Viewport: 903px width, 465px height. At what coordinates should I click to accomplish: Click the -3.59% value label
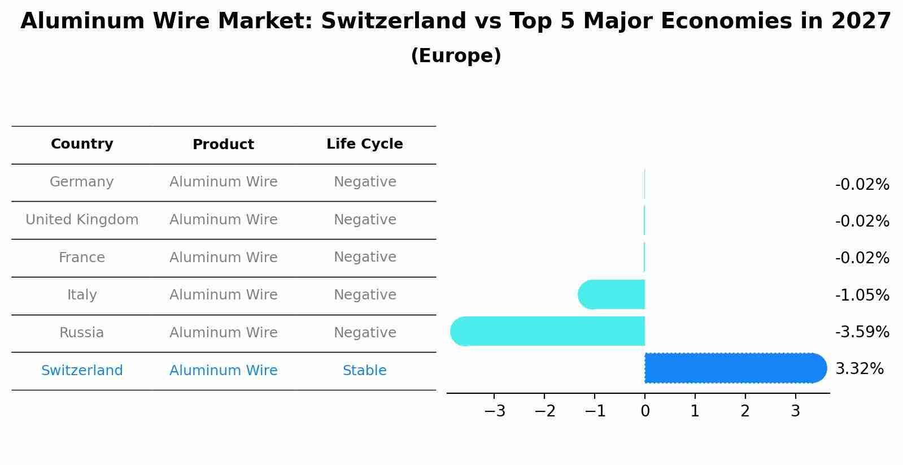pyautogui.click(x=862, y=332)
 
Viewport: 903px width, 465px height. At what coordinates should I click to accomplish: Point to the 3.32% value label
pyautogui.click(x=859, y=368)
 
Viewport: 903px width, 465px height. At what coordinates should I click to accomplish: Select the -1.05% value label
pyautogui.click(x=862, y=295)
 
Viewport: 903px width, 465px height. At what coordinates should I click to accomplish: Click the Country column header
pyautogui.click(x=82, y=144)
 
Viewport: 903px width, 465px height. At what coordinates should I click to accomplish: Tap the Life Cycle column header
pyautogui.click(x=364, y=144)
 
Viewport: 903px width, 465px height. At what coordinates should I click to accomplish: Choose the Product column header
pyautogui.click(x=223, y=145)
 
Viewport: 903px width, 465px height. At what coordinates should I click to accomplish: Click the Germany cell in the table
pyautogui.click(x=82, y=182)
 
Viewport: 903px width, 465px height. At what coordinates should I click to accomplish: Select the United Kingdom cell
pyautogui.click(x=82, y=220)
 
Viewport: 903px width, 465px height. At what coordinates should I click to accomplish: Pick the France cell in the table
pyautogui.click(x=82, y=258)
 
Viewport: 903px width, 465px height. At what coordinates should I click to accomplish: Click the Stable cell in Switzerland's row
pyautogui.click(x=364, y=371)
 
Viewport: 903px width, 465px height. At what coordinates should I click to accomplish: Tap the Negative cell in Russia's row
pyautogui.click(x=365, y=333)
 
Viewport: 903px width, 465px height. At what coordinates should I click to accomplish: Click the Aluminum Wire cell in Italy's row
pyautogui.click(x=223, y=295)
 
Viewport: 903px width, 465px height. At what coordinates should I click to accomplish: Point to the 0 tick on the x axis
pyautogui.click(x=645, y=411)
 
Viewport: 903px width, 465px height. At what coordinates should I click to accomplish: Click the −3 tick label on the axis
pyautogui.click(x=494, y=411)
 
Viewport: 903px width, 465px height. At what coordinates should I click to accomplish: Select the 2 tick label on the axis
pyautogui.click(x=745, y=411)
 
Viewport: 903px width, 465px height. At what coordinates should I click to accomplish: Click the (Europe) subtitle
pyautogui.click(x=456, y=56)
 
